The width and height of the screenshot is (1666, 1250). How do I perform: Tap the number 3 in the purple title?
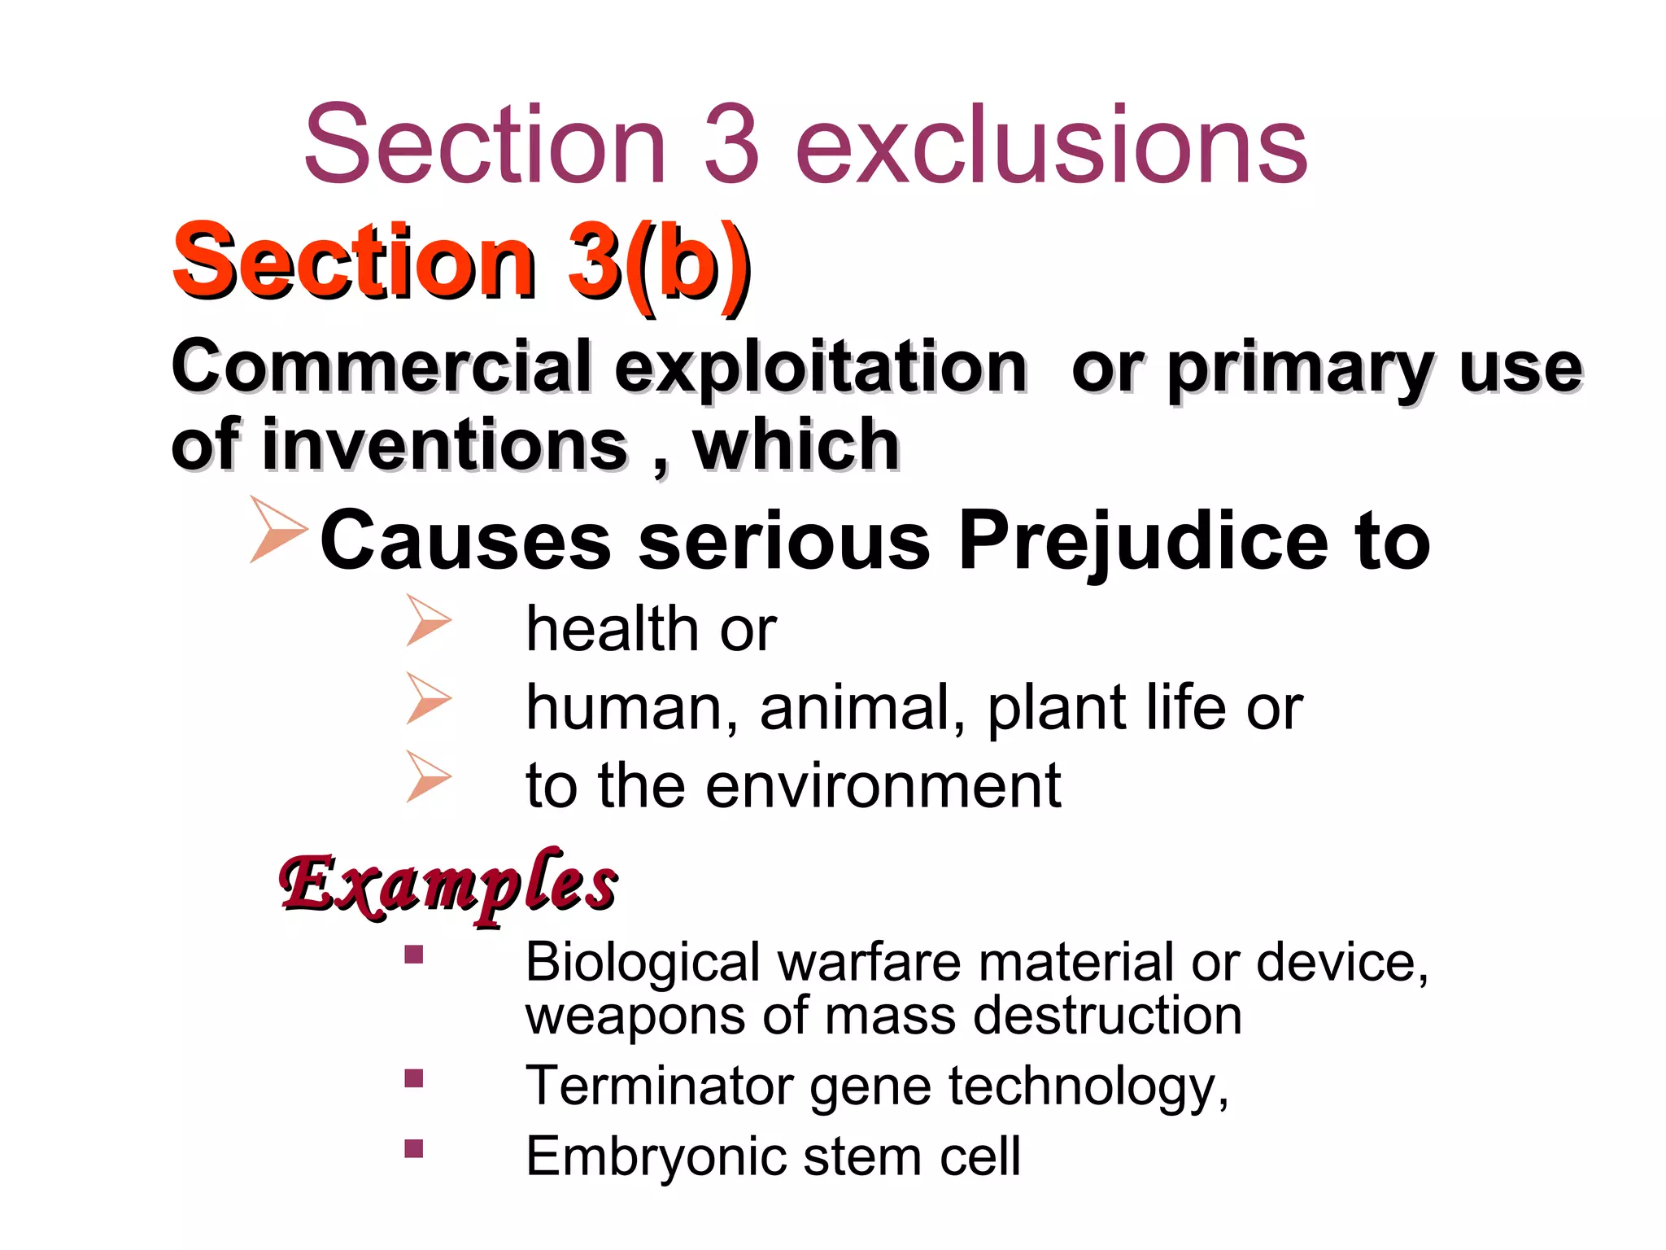coord(731,145)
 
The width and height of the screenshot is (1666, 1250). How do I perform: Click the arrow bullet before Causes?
coord(277,530)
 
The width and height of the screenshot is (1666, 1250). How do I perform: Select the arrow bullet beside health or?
coord(428,620)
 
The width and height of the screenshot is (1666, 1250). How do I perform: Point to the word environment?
coord(883,785)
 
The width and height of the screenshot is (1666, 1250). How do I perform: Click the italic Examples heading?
coord(447,885)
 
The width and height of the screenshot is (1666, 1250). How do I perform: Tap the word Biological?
coord(642,963)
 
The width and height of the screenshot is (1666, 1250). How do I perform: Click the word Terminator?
coord(660,1086)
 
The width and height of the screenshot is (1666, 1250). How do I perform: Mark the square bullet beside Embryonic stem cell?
coord(414,1148)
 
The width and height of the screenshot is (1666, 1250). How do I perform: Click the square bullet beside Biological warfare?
coord(414,954)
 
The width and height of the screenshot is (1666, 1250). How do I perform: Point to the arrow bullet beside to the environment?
coord(428,776)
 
